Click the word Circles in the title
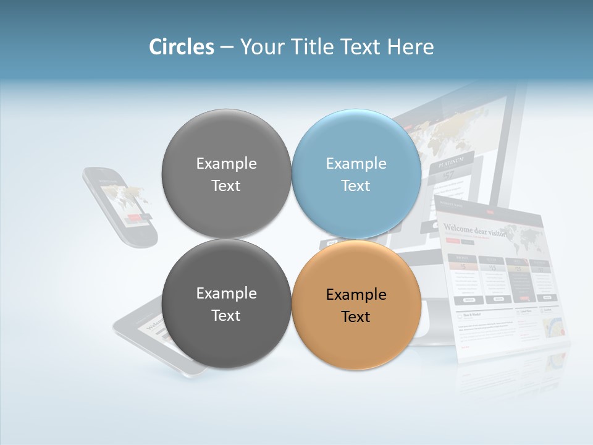(182, 47)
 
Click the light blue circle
(356, 174)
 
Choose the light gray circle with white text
(226, 174)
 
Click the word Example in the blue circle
(356, 163)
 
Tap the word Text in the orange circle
(355, 317)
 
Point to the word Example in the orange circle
(356, 294)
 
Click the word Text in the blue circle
(355, 185)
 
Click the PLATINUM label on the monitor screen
(452, 164)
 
